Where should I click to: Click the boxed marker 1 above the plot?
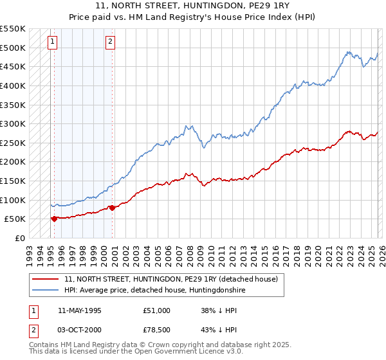tap(53, 42)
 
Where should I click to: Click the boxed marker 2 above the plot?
tap(111, 42)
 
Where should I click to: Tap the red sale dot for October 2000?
tap(111, 208)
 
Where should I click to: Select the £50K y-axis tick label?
tap(15, 219)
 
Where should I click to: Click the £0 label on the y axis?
tap(20, 238)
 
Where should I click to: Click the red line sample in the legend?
tap(46, 279)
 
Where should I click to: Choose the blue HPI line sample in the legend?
tap(46, 291)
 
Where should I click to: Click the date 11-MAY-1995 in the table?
tap(79, 310)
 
